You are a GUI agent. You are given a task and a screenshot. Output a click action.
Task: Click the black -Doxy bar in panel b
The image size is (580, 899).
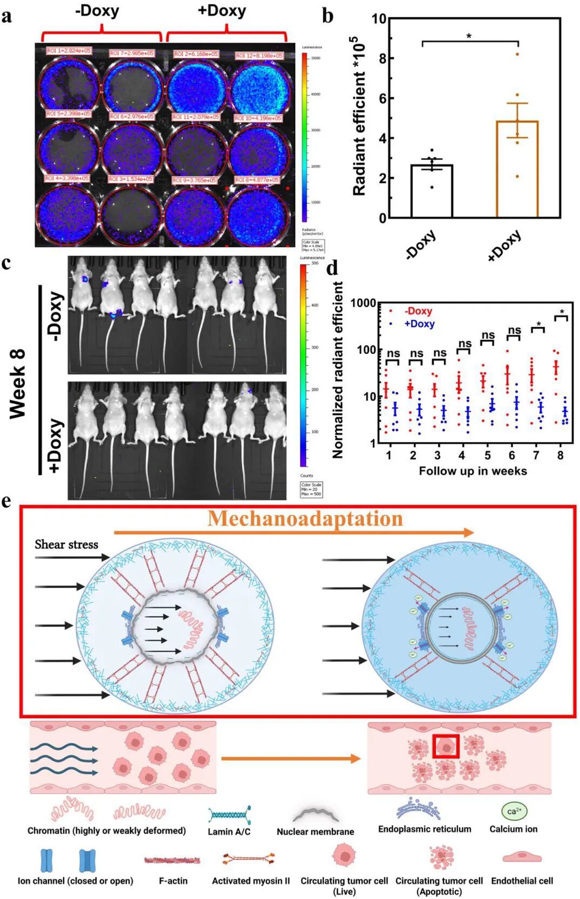pos(431,191)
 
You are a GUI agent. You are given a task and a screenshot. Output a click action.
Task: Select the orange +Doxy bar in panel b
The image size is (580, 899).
pos(516,169)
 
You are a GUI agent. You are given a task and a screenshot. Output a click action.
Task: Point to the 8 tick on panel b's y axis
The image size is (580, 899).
pos(383,58)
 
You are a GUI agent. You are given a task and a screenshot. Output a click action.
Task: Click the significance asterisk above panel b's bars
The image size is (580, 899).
pos(469,37)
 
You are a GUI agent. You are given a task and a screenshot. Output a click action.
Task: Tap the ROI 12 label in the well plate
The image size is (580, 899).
pos(259,56)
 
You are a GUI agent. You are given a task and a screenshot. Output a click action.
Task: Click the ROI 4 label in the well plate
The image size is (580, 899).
pos(67,178)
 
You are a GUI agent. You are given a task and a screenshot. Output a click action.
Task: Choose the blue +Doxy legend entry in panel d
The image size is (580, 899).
pos(419,324)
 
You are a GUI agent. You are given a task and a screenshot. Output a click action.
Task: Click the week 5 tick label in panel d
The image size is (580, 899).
pos(488,455)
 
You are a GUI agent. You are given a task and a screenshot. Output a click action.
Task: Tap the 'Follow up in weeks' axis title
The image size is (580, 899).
pos(473,471)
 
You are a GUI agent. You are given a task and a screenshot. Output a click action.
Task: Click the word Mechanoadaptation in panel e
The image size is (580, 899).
pos(305,519)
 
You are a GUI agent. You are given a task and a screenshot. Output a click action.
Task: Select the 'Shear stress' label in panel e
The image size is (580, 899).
pos(66,544)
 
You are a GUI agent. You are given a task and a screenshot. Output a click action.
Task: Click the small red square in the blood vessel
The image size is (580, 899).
pos(446,746)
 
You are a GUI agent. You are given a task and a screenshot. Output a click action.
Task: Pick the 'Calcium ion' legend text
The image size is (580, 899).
pos(513,829)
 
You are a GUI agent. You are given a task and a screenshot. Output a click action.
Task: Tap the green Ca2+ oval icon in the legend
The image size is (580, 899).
pos(514,811)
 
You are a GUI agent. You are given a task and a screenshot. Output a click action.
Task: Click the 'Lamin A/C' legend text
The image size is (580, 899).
pos(229,832)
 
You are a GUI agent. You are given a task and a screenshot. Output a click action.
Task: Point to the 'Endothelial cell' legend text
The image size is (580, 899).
pos(522,881)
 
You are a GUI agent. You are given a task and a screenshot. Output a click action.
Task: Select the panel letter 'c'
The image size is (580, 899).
pos(6,263)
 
